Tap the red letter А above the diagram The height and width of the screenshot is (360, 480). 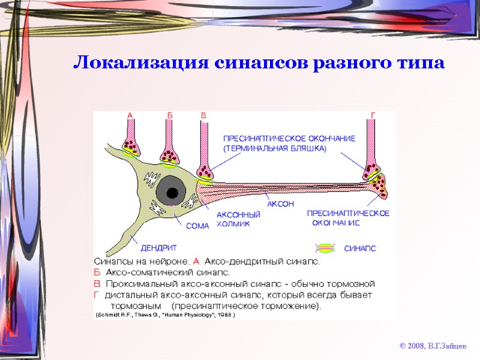(130, 115)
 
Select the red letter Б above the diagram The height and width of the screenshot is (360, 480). (170, 115)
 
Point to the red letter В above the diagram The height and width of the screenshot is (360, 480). (203, 115)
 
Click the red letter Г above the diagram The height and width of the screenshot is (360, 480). (373, 115)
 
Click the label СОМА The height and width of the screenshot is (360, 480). (197, 226)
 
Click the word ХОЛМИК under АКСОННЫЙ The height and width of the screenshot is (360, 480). (233, 224)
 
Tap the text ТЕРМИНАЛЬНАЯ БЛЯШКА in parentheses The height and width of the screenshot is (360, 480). (275, 148)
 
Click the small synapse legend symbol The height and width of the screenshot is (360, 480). (326, 247)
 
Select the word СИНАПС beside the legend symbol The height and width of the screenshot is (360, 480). (360, 248)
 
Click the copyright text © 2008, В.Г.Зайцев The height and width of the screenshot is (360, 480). (431, 346)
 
